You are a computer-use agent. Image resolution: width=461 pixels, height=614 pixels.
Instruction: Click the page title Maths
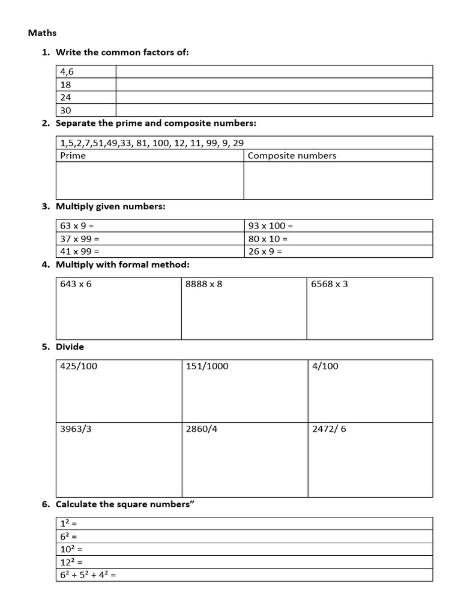(42, 33)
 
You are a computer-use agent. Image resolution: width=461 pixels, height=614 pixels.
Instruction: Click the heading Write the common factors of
(122, 53)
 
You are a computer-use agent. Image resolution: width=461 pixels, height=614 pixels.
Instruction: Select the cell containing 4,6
(67, 72)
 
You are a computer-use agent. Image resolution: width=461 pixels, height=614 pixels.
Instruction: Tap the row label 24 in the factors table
(65, 97)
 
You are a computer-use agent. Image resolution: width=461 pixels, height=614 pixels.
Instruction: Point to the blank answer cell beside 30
(274, 110)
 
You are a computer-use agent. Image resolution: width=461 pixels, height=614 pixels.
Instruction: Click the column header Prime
(73, 156)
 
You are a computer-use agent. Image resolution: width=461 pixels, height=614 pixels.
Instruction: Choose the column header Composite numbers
(292, 156)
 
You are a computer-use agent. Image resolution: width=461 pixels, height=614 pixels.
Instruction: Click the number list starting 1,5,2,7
(152, 143)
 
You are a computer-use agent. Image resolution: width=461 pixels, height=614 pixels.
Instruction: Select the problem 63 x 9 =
(77, 226)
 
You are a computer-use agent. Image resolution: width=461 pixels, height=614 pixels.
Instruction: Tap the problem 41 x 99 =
(80, 251)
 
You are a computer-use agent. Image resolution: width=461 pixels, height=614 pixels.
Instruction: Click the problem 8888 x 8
(203, 284)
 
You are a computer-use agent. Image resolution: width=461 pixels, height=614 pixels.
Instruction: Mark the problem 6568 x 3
(329, 284)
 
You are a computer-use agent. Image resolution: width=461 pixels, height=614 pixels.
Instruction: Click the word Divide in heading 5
(70, 347)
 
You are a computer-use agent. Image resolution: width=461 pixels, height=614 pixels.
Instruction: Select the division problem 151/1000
(207, 366)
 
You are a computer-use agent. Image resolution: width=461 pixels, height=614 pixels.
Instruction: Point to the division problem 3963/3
(76, 429)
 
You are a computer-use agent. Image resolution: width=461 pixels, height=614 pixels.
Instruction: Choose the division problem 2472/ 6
(330, 429)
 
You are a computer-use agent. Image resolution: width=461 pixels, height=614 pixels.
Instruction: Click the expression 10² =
(71, 549)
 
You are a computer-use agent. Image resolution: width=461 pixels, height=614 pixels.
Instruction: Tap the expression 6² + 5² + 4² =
(88, 574)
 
